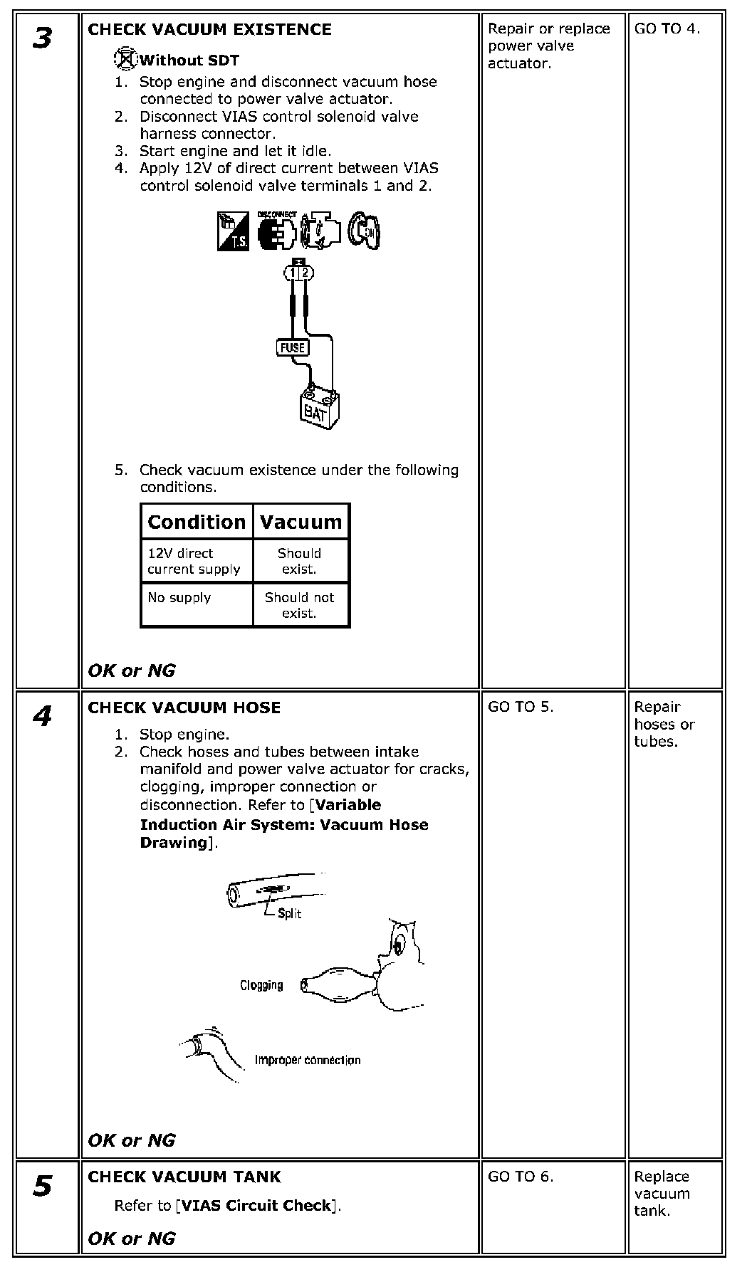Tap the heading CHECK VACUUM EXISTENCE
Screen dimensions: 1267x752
coord(209,30)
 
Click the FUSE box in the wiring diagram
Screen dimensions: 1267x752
coord(292,347)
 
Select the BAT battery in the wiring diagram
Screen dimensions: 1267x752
coord(315,409)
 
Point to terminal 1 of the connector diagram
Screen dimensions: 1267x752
coord(293,272)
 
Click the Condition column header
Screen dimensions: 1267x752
coord(197,522)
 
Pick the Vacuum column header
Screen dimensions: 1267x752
coord(301,522)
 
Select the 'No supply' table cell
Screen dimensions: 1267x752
coord(179,597)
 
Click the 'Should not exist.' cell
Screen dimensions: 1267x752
coord(299,605)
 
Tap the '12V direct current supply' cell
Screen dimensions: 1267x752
coord(194,561)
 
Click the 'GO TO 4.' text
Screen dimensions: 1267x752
coord(667,29)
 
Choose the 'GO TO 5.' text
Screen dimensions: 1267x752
coord(521,707)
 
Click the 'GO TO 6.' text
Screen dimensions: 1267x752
coord(521,1177)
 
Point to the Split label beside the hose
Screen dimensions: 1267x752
coord(289,913)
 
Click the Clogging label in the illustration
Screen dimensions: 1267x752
coord(261,985)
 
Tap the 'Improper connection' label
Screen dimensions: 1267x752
coord(308,1060)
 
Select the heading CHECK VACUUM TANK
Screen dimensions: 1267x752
coord(184,1177)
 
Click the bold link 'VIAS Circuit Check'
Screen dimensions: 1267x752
coord(256,1206)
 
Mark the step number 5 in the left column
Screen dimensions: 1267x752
coord(43,1187)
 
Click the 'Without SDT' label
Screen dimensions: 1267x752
coord(189,61)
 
